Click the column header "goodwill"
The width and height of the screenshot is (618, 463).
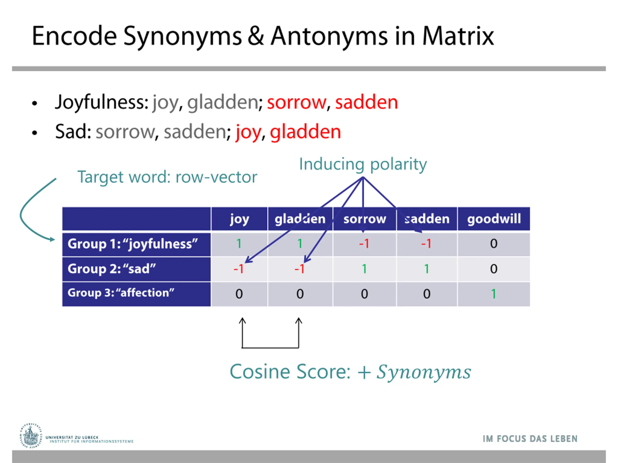click(x=494, y=219)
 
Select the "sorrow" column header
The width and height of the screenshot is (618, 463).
click(x=365, y=219)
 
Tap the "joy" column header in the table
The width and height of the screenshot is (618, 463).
click(x=239, y=219)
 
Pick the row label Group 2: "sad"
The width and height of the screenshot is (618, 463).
click(x=112, y=269)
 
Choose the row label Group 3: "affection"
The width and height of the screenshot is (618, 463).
click(x=121, y=293)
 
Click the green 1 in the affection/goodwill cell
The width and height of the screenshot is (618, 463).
click(x=494, y=294)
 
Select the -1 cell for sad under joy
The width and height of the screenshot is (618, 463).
click(x=239, y=269)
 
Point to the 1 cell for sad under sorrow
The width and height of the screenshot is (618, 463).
click(x=364, y=269)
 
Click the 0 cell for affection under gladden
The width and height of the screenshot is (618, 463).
click(x=300, y=294)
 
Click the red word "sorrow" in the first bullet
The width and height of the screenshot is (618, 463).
click(x=296, y=102)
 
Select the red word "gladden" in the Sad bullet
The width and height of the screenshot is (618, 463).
click(x=305, y=132)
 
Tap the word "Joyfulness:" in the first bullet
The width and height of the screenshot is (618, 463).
click(x=102, y=102)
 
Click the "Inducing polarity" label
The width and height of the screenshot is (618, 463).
click(x=363, y=164)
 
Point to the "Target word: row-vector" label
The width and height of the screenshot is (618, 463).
click(x=167, y=177)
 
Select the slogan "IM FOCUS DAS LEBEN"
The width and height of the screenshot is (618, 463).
click(x=530, y=439)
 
